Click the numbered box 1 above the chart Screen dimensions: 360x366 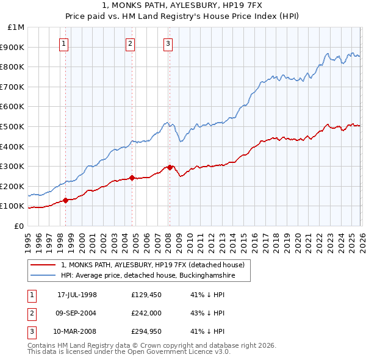(x=65, y=43)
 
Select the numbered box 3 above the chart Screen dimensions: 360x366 (x=168, y=43)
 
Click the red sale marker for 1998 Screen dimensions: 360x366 (x=65, y=200)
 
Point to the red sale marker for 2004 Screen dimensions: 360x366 (x=132, y=178)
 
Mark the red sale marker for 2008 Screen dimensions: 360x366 (x=170, y=167)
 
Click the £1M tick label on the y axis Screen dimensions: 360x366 (x=16, y=27)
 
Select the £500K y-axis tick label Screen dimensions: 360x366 (x=13, y=126)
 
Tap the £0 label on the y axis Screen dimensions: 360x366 (x=20, y=226)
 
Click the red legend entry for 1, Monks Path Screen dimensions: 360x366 (x=152, y=265)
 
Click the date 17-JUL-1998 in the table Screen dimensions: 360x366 (x=77, y=295)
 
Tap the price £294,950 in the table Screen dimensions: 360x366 (x=146, y=331)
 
